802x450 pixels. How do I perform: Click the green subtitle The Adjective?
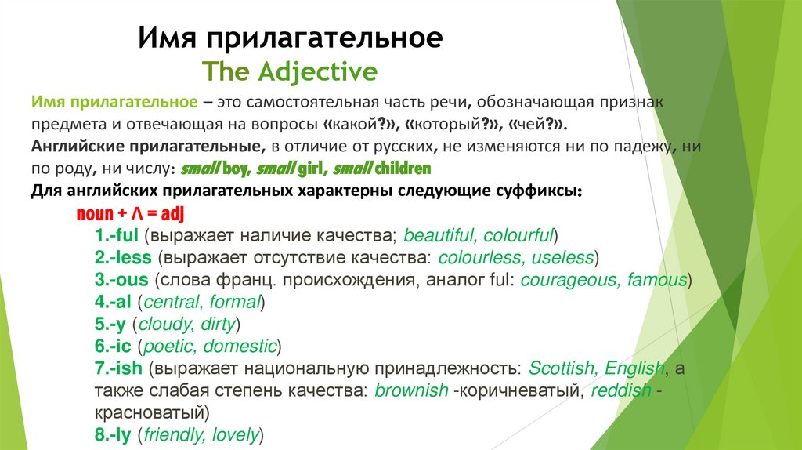point(290,72)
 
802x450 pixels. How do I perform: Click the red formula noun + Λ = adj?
point(130,214)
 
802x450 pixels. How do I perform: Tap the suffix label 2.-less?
point(123,257)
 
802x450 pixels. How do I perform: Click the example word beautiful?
point(439,235)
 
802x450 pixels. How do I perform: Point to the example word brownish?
point(412,390)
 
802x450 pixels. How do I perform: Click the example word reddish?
point(621,390)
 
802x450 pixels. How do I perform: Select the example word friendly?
point(174,434)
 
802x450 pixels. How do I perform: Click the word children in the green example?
point(403,169)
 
